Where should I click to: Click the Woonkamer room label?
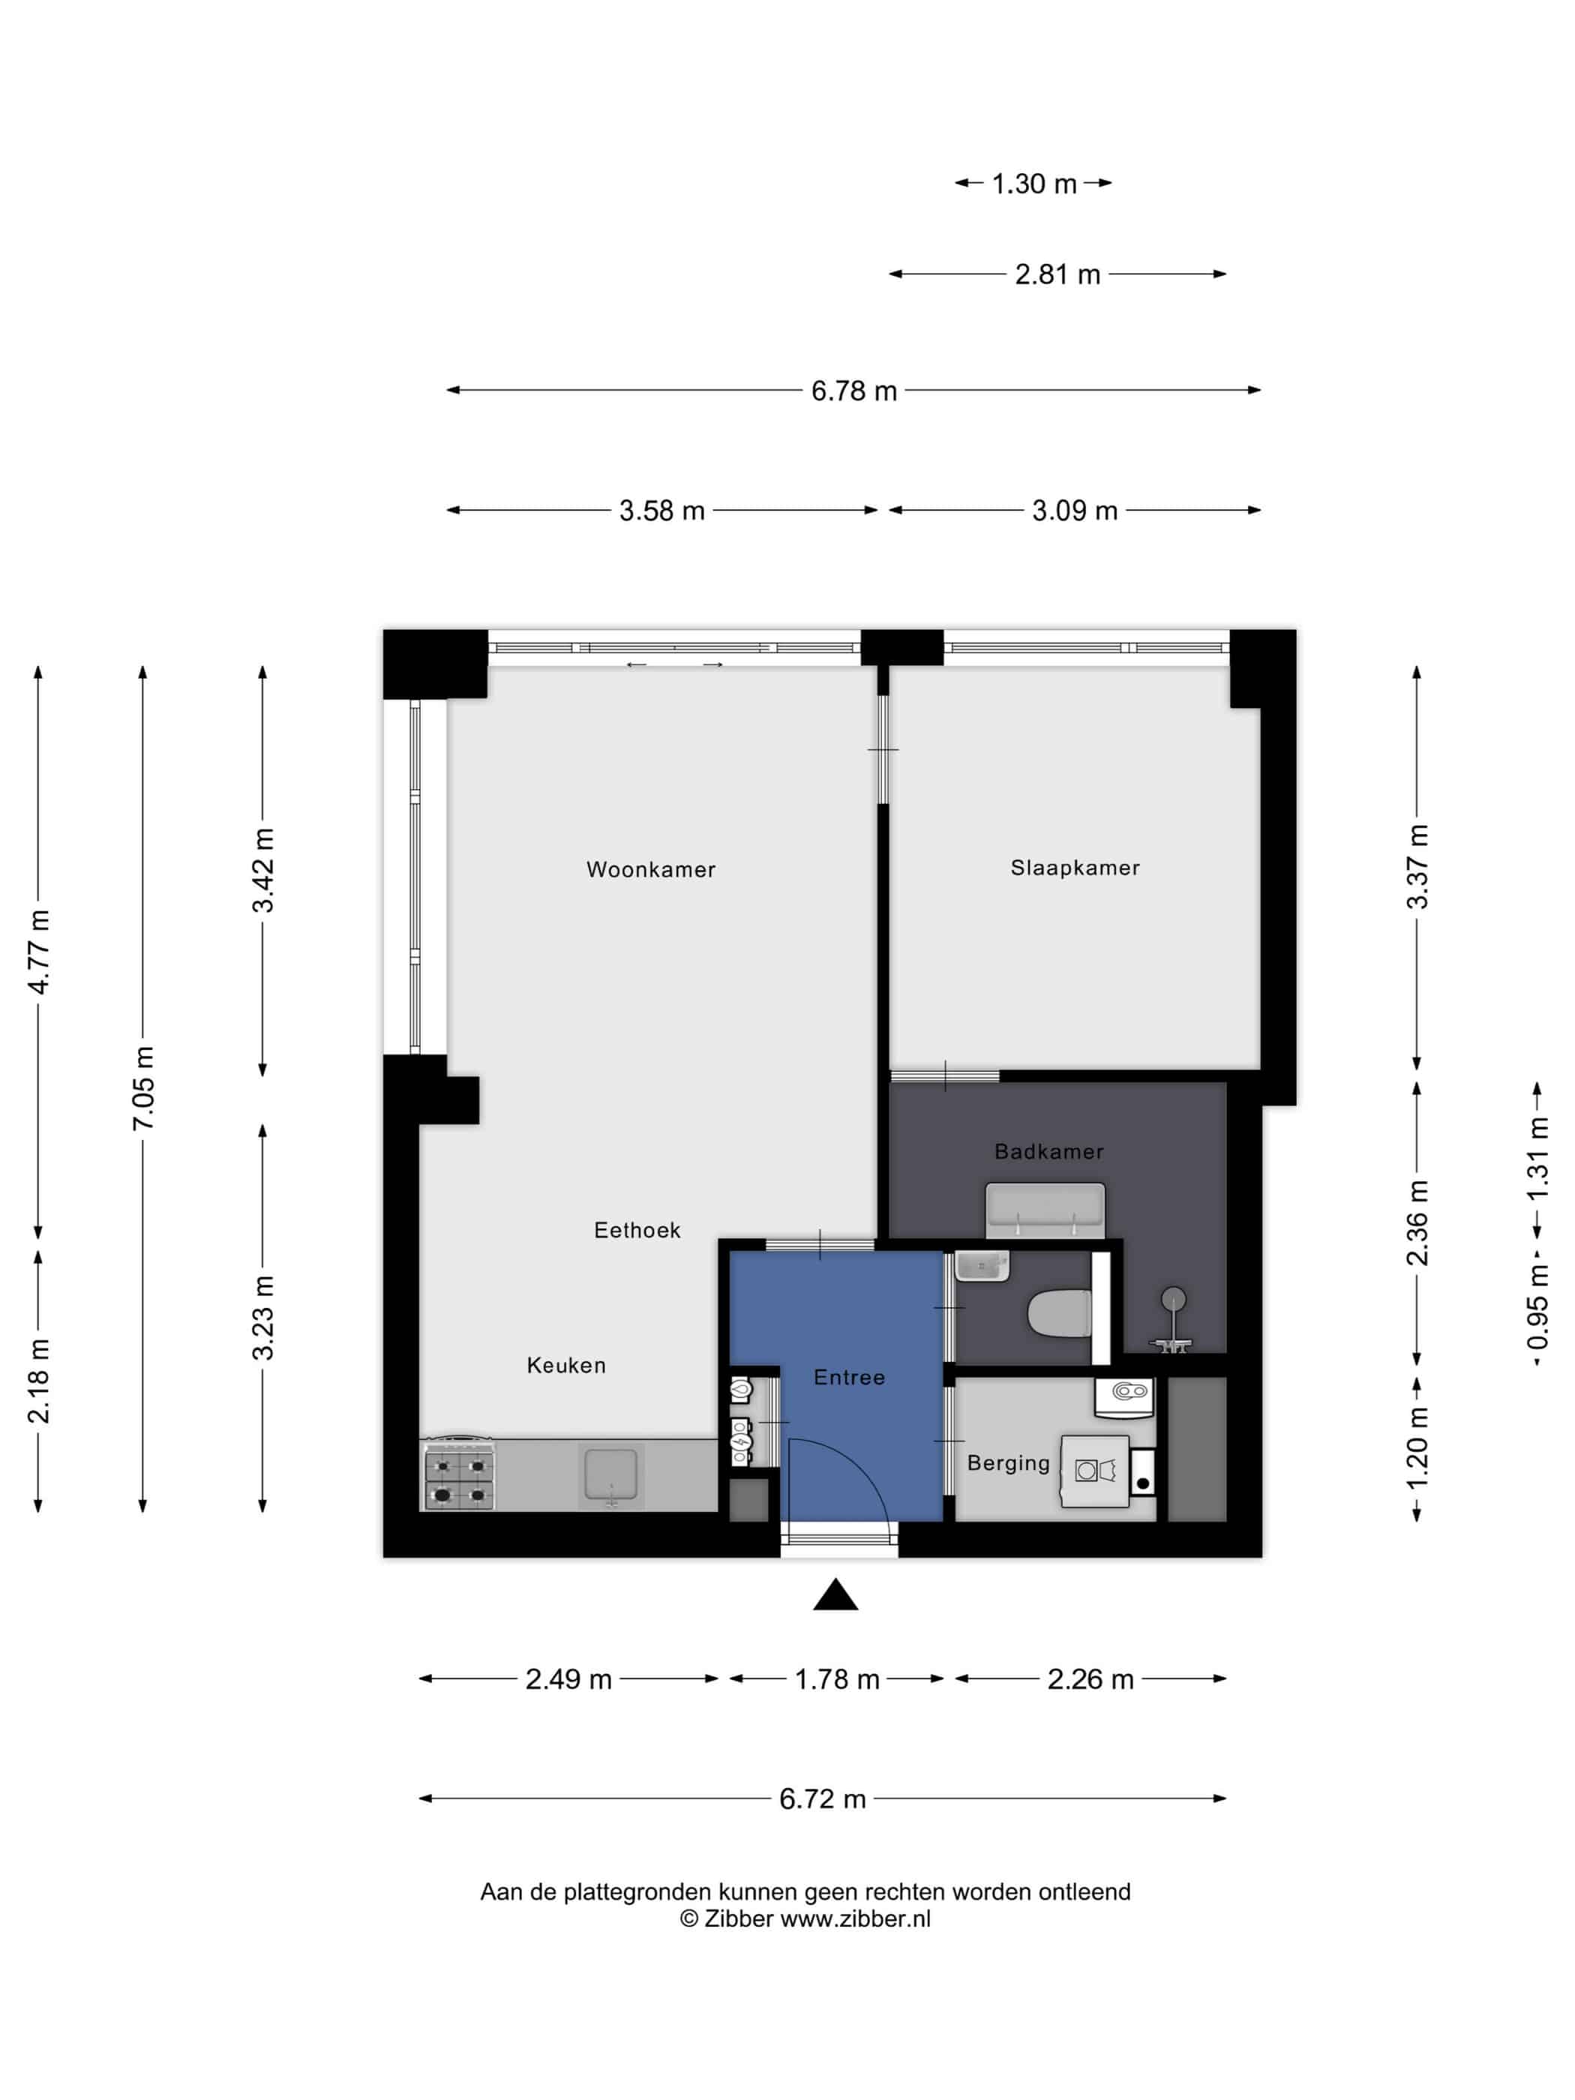650,868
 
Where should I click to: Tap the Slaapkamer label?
1075,867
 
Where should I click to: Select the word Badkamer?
1049,1151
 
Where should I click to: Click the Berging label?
1008,1463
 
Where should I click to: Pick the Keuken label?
565,1364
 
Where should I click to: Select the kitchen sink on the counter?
611,1475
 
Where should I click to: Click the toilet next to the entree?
1060,1313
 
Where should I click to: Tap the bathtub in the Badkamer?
1044,1210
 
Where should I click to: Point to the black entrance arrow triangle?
835,1595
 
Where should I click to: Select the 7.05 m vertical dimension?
142,1088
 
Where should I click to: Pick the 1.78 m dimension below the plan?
836,1678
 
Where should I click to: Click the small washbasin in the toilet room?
982,1265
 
